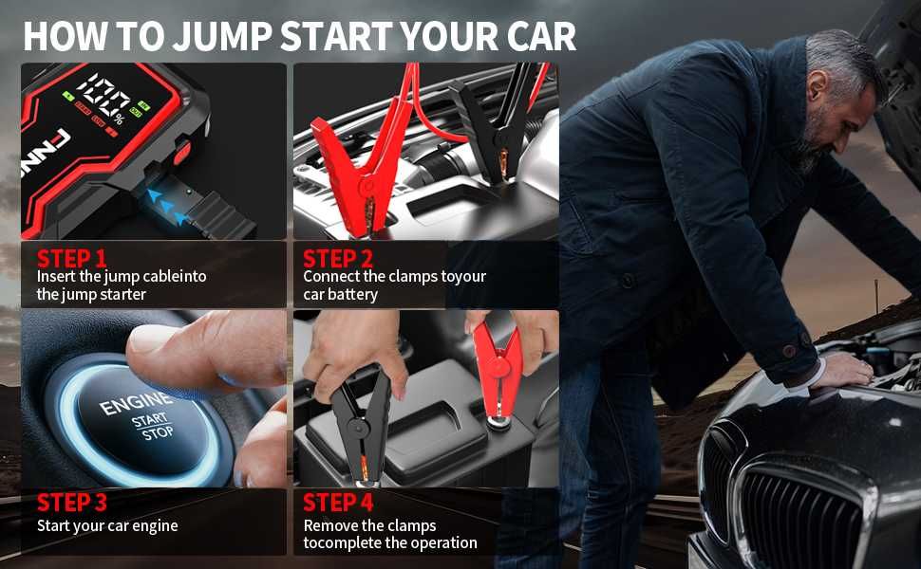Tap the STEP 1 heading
(71, 258)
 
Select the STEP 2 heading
(338, 258)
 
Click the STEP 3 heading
(71, 503)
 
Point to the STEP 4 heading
(338, 503)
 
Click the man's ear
(818, 86)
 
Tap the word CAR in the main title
(541, 36)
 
